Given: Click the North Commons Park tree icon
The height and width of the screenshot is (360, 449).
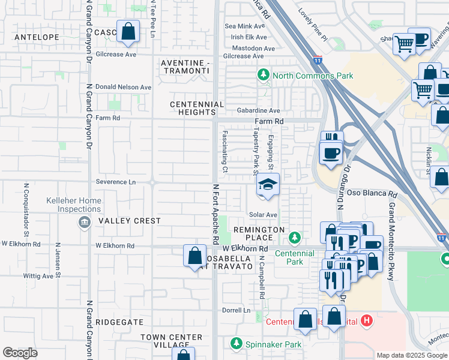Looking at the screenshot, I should (x=263, y=75).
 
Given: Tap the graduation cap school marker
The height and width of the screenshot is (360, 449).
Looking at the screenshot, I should (x=268, y=185).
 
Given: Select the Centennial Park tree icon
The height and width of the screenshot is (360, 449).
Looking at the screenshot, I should (x=295, y=238).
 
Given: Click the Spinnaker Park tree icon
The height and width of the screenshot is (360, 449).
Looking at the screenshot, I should (x=237, y=344).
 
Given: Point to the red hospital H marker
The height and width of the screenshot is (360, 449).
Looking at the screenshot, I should (x=367, y=322).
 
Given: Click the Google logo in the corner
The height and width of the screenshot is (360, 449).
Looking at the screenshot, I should (x=20, y=353).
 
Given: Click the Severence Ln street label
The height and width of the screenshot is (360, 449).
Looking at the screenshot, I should (x=116, y=182).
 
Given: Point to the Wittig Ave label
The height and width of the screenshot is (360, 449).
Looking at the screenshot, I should (x=38, y=276).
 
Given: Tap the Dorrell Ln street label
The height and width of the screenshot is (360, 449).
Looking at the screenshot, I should (x=236, y=310).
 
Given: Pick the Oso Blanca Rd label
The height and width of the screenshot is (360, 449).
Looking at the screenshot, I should (x=372, y=194).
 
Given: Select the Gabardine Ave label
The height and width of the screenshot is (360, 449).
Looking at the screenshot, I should (x=258, y=110).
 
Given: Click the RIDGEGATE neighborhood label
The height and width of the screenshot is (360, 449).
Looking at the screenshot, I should (x=123, y=322).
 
